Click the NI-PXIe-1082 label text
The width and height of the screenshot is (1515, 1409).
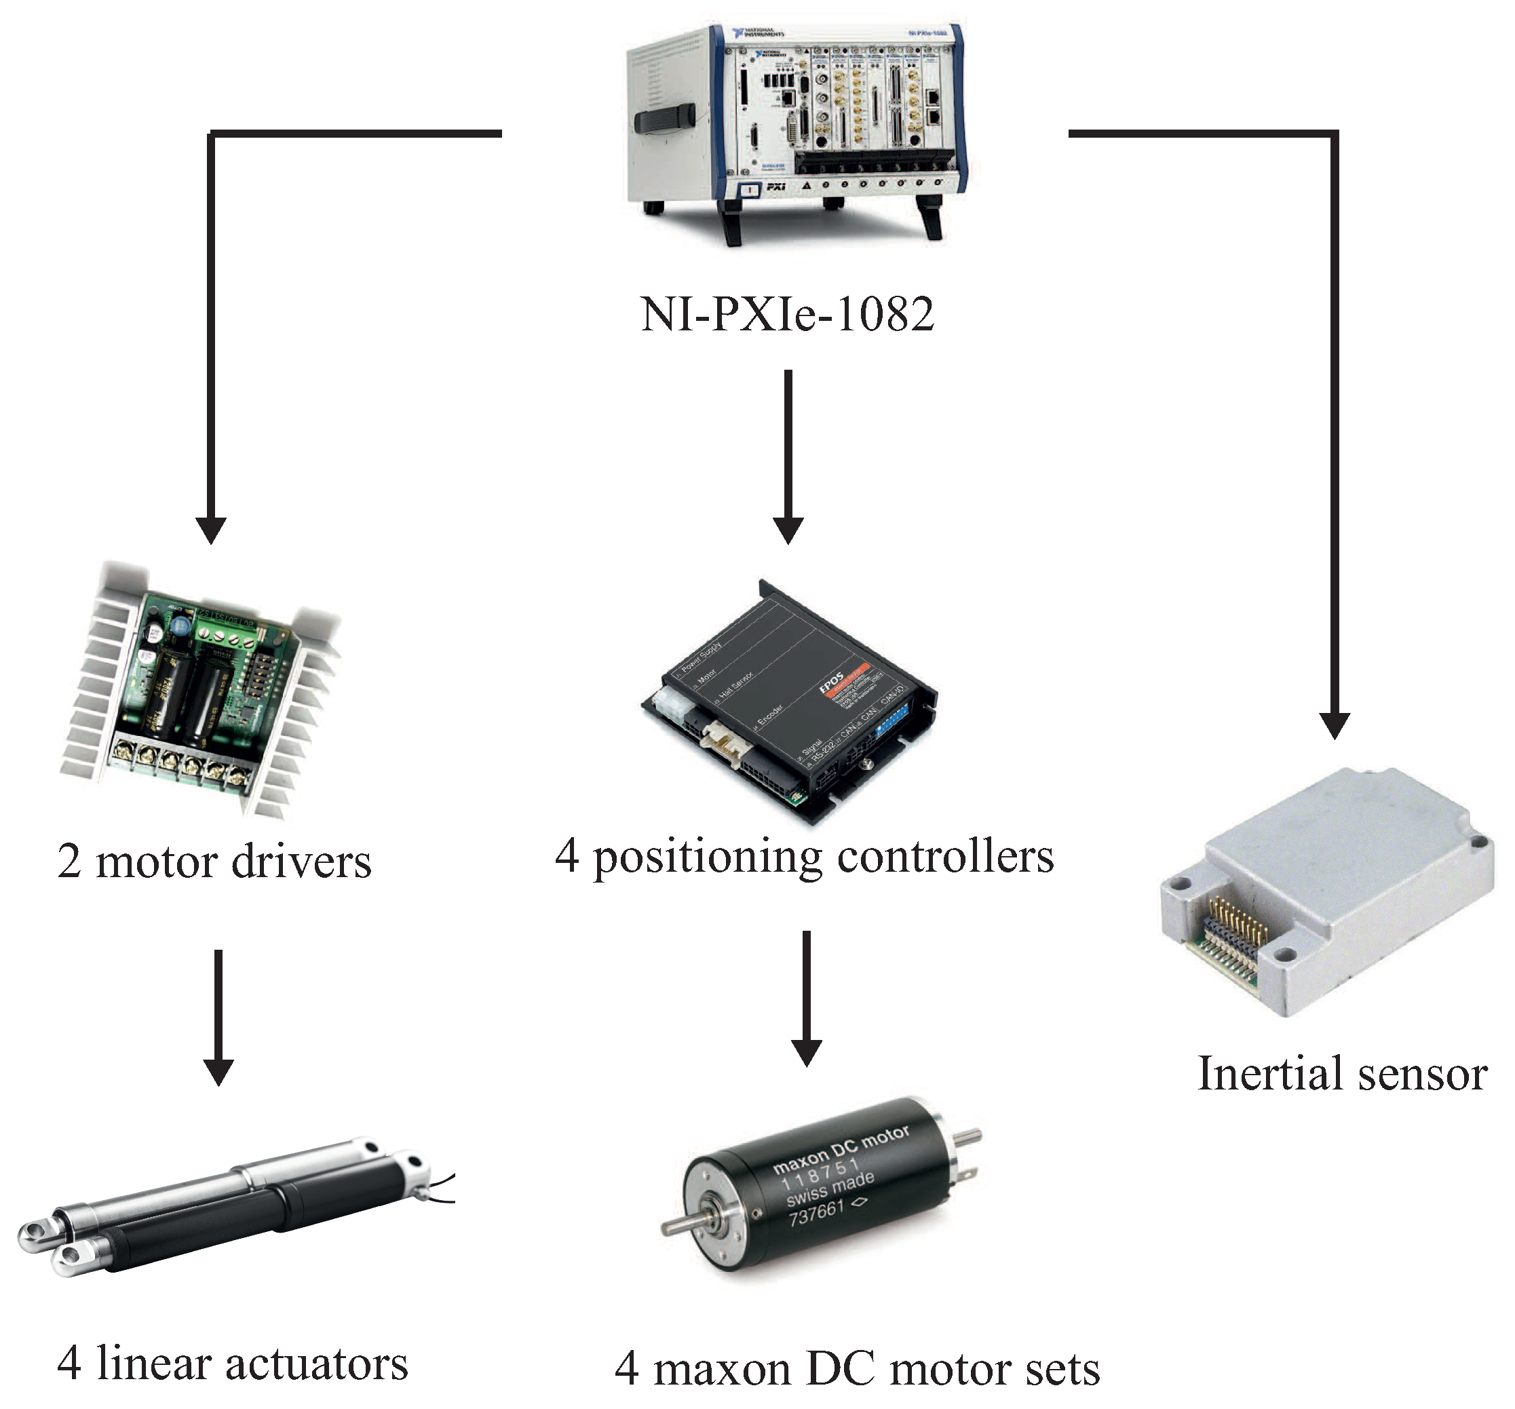point(786,314)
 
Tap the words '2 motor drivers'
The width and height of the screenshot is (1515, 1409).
point(214,862)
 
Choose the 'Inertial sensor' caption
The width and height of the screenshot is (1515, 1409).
point(1342,1075)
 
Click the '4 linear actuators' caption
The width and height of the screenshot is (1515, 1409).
point(233,1364)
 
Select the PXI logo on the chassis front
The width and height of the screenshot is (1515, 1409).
point(775,186)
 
